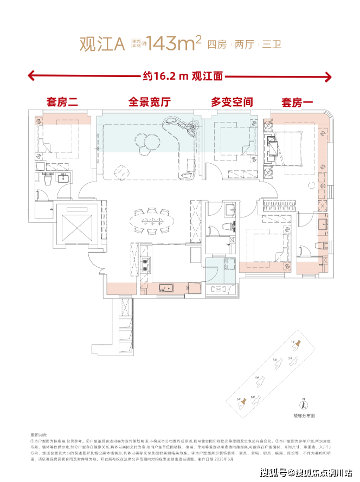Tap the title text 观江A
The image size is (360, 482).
[x=98, y=44]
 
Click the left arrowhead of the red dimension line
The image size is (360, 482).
[x=31, y=76]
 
